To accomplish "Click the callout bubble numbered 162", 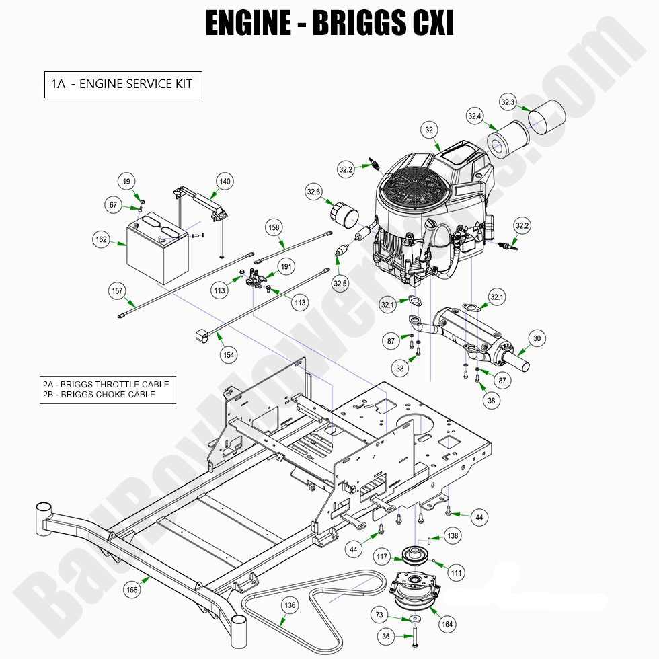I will click(101, 239).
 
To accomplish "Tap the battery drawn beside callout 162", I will click(157, 249).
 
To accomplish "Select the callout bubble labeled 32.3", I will click(508, 102).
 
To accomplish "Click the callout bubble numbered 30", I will click(537, 338).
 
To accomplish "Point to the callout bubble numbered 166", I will click(132, 590).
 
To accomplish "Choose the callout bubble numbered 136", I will click(289, 605).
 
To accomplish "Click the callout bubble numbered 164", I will click(447, 624).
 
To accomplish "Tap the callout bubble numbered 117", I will click(383, 557).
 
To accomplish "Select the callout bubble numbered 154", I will click(229, 354).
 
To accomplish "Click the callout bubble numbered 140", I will click(225, 181).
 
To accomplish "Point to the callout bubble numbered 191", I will click(286, 267).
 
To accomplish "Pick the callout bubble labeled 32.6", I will click(314, 192).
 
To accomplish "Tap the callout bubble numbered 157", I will click(118, 290).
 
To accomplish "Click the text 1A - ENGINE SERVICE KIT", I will click(123, 84).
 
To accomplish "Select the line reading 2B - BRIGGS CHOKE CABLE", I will click(100, 395).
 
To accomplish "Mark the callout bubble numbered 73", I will click(379, 615).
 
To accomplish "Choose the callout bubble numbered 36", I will click(385, 637).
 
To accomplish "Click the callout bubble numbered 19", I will click(126, 181).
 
